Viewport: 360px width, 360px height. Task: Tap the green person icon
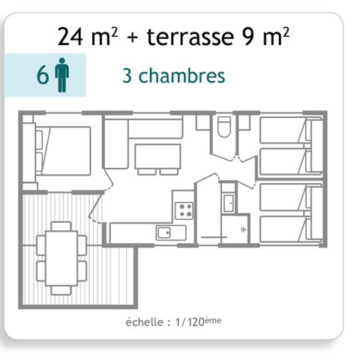tap(62, 76)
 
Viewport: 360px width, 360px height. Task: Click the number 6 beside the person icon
tap(43, 76)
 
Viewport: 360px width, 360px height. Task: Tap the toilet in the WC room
tap(223, 128)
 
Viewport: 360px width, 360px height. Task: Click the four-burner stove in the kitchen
tap(184, 211)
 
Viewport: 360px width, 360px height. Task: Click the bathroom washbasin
tap(228, 202)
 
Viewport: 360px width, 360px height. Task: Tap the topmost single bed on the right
tap(283, 129)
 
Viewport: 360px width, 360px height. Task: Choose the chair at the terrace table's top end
tap(61, 225)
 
